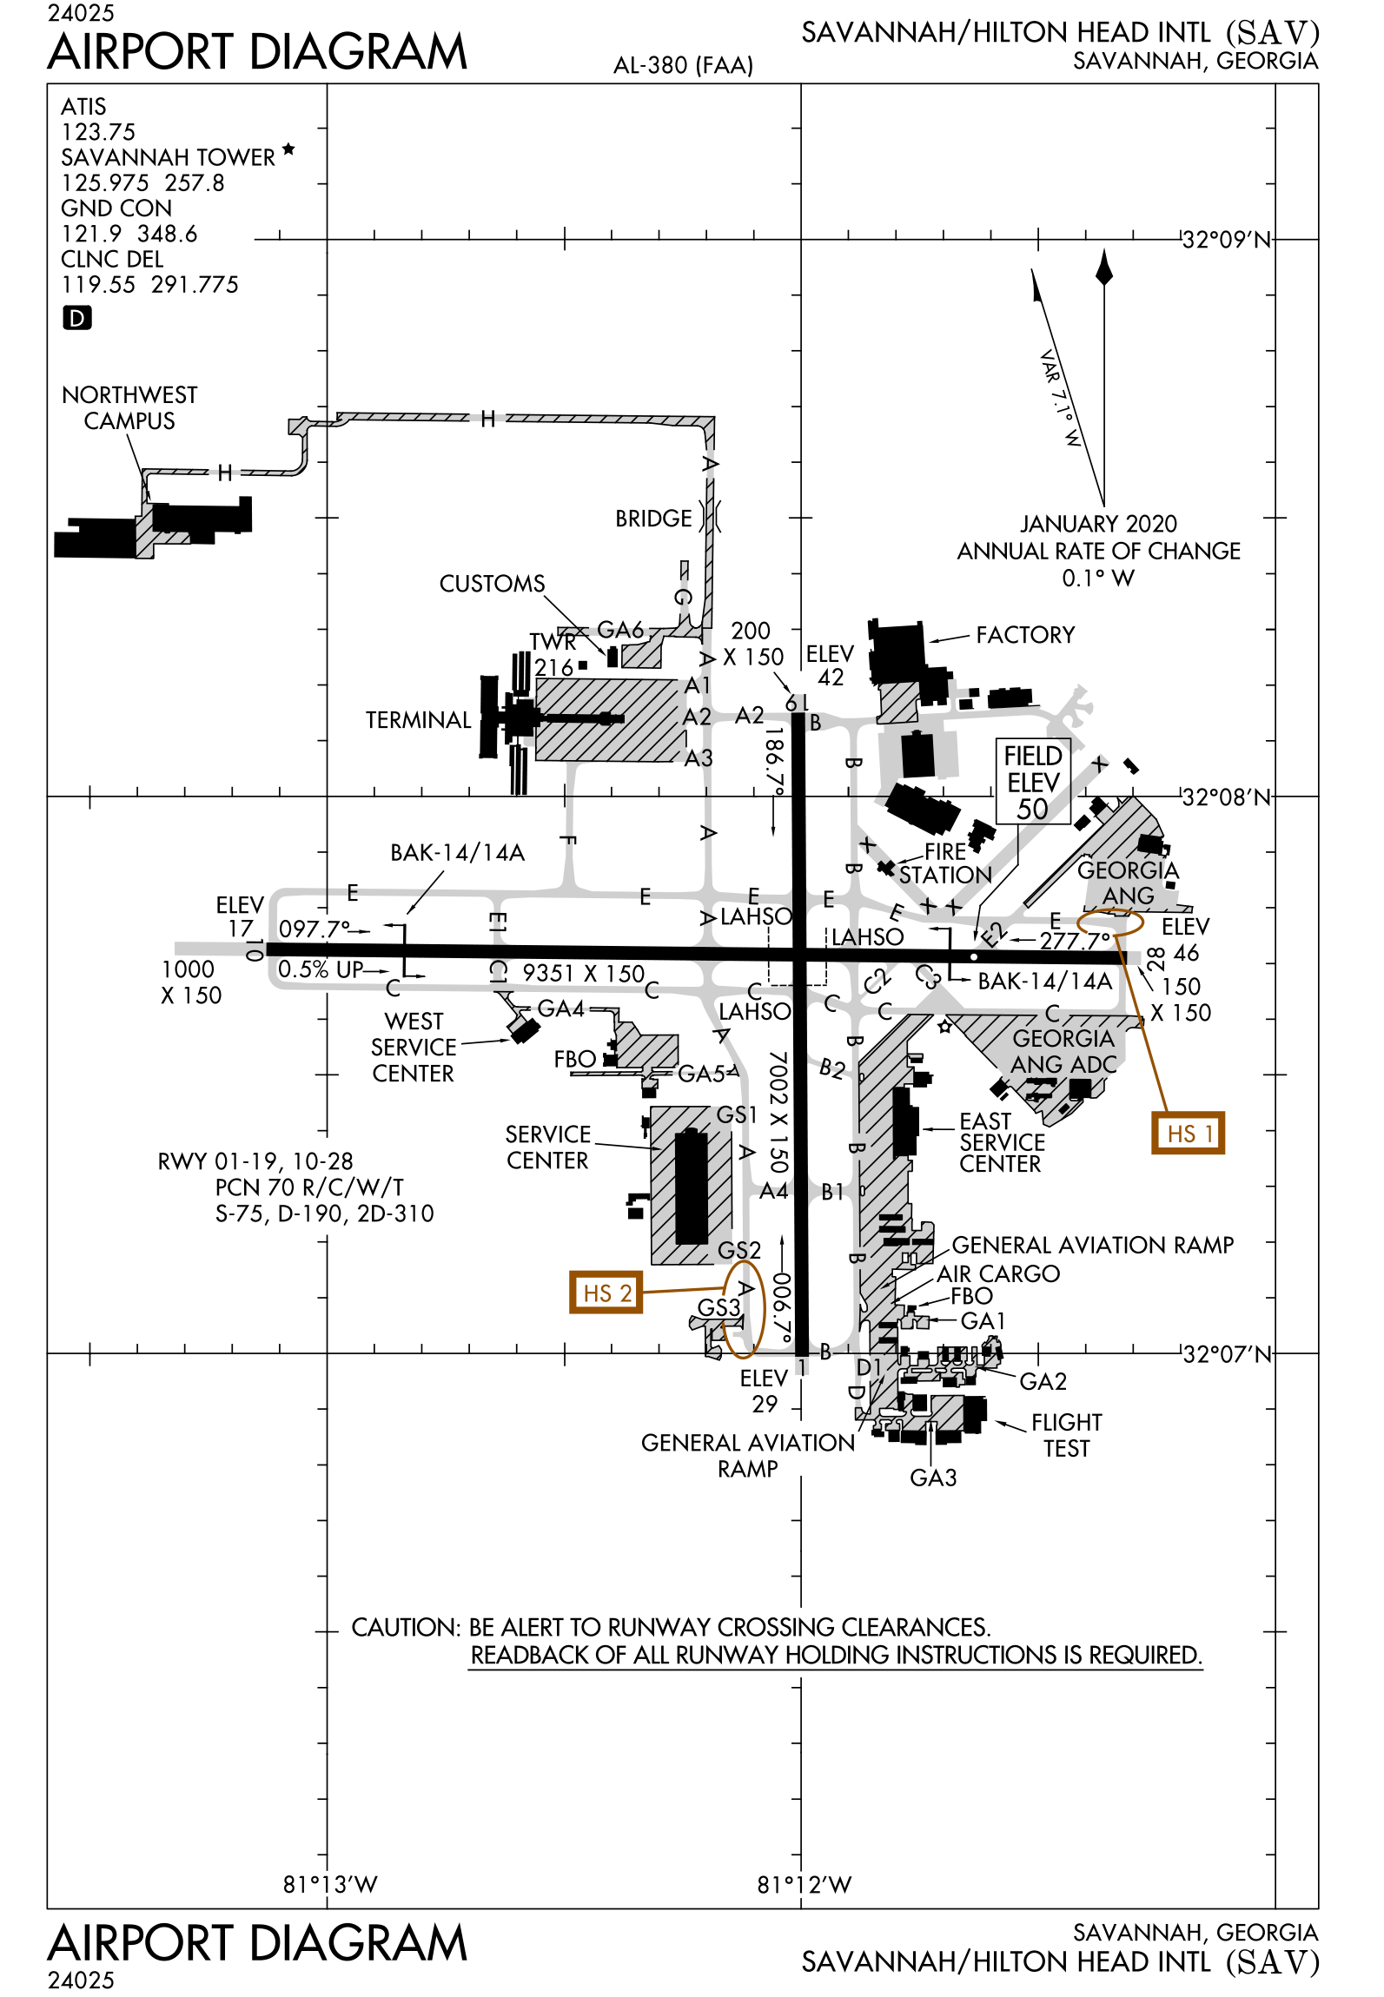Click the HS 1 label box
[x=1188, y=1133]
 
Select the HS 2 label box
[x=606, y=1293]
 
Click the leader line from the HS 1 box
[x=1142, y=1025]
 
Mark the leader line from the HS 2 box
[x=683, y=1290]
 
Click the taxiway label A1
[x=698, y=686]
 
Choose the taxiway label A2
[x=698, y=717]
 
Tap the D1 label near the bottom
[x=869, y=1366]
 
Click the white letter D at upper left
[x=77, y=319]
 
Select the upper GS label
[x=732, y=1114]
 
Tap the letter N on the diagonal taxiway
[x=984, y=876]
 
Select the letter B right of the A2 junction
[x=815, y=723]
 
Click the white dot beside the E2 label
[x=974, y=956]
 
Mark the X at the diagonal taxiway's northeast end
[x=1101, y=764]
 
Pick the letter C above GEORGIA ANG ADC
[x=1052, y=1015]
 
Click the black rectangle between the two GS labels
[x=692, y=1186]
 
